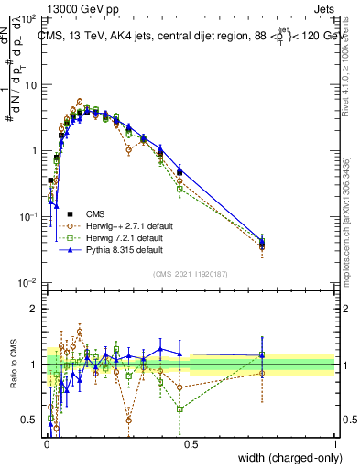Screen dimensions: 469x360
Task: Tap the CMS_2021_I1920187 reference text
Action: [191, 272]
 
